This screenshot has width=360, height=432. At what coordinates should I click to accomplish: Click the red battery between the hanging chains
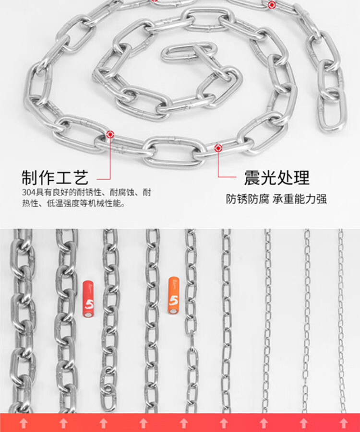tap(88, 299)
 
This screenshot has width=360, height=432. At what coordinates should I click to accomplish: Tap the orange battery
tap(173, 296)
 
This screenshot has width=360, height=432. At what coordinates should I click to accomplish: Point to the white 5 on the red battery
tap(89, 304)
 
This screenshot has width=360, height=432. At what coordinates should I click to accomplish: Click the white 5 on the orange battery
tap(173, 301)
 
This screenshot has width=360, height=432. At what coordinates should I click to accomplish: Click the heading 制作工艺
tap(55, 178)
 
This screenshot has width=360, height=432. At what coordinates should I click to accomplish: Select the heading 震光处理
tap(276, 178)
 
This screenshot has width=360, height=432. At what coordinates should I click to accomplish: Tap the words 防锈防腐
tap(248, 198)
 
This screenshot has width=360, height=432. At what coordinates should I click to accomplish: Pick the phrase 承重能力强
tap(300, 198)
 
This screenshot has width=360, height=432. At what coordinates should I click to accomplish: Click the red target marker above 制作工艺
tap(110, 134)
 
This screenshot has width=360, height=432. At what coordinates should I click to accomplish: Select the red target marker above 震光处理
tap(218, 148)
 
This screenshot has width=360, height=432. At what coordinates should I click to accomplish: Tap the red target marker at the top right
tap(272, 5)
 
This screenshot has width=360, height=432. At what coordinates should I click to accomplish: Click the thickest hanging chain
tap(23, 321)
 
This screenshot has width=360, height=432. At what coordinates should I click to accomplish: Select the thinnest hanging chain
tap(341, 321)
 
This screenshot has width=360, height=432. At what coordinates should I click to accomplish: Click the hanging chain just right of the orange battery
tap(191, 321)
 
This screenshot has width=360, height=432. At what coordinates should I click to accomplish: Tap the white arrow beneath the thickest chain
tap(23, 423)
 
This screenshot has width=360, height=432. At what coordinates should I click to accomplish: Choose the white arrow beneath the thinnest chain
tap(344, 423)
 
